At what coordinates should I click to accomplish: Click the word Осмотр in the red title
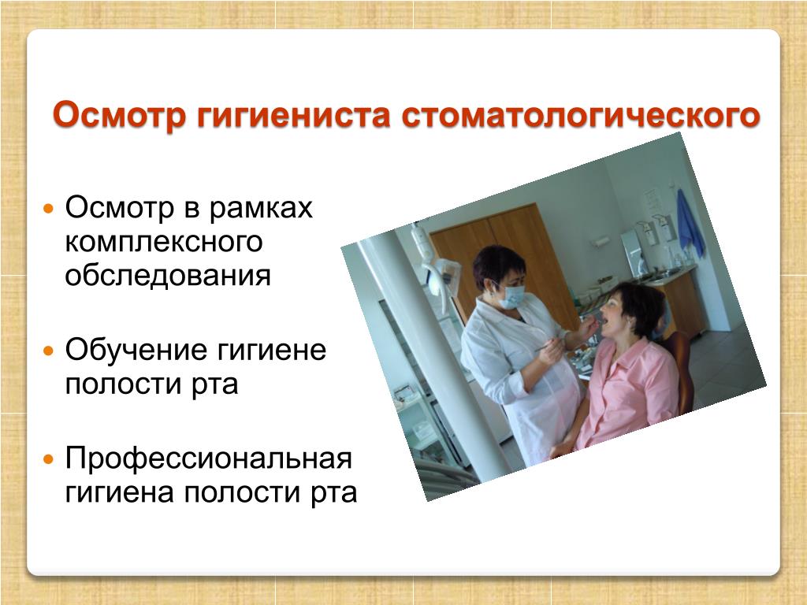(119, 114)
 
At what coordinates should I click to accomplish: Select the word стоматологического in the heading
(581, 115)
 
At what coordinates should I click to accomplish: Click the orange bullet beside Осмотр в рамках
(48, 210)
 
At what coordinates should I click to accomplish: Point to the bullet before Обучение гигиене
(48, 351)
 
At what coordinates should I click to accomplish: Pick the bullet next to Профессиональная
(48, 459)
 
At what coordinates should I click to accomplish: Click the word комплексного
(164, 242)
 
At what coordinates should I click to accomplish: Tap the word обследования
(168, 275)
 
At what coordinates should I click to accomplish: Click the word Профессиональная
(208, 458)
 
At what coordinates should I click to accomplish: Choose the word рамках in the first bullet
(261, 209)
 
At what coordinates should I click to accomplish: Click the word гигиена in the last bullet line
(120, 492)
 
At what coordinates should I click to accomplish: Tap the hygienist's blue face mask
(511, 296)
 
